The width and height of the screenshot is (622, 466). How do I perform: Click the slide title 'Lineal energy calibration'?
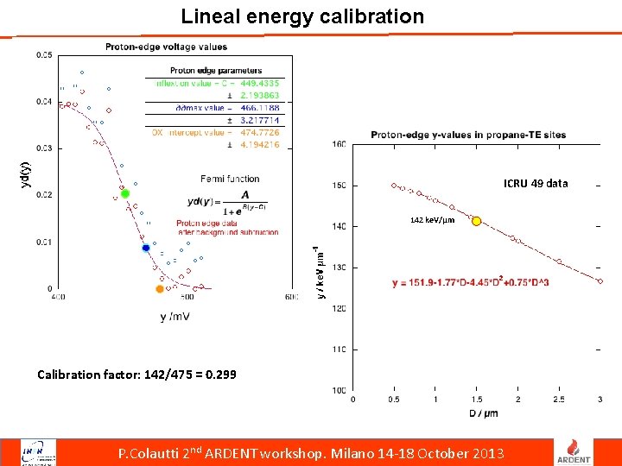[x=302, y=16]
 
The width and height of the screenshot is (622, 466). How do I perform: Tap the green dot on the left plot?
[x=125, y=194]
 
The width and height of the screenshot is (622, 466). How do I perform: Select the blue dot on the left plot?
[x=146, y=249]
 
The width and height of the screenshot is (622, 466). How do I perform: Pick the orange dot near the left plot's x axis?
[x=159, y=289]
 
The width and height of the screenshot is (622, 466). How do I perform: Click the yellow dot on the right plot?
[x=476, y=221]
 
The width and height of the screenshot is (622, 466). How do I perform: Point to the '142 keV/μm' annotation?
[x=432, y=221]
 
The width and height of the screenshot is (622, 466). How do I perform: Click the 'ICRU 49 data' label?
[x=536, y=183]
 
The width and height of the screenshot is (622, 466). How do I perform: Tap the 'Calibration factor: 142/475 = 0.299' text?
[x=136, y=375]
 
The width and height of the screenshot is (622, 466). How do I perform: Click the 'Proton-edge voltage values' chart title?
[x=167, y=47]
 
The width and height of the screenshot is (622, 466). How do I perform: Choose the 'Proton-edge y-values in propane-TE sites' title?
[x=468, y=135]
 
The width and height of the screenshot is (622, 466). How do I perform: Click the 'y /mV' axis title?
[x=175, y=317]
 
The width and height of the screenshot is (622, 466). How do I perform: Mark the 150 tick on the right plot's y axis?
[x=340, y=186]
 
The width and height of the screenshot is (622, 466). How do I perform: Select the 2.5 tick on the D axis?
[x=558, y=400]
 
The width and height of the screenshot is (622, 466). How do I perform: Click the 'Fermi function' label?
[x=230, y=179]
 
